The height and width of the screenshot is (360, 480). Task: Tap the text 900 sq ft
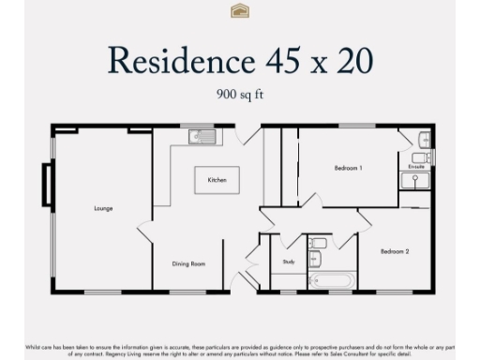pos(239,94)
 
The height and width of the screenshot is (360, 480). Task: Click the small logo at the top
pos(239,11)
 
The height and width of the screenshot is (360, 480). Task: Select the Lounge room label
pos(103,207)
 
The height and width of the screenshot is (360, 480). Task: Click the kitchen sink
pos(202,136)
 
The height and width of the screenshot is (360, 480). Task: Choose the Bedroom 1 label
pos(348,168)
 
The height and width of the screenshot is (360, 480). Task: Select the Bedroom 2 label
pos(394,251)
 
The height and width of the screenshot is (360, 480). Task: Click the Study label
pos(288,262)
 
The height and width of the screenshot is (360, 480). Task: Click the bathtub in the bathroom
pos(332,279)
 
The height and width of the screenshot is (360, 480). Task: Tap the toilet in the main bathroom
pos(318,245)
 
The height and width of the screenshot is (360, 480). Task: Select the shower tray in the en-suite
pos(414,180)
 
